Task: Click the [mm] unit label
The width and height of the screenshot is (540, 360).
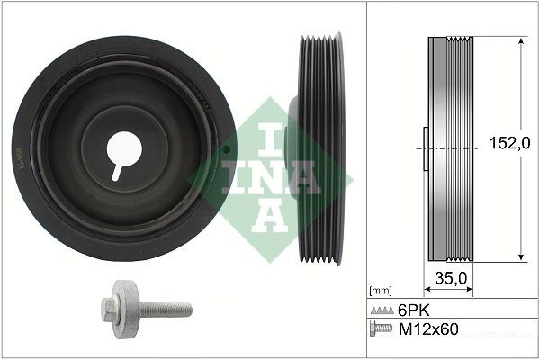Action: click(x=380, y=291)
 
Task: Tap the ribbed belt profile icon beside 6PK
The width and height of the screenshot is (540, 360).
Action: click(x=382, y=309)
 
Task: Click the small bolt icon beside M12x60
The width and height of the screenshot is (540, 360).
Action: click(x=382, y=328)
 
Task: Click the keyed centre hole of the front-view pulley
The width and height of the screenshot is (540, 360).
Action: click(x=123, y=148)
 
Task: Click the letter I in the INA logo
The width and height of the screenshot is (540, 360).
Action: click(x=264, y=135)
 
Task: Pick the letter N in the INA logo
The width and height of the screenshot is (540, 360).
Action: click(x=264, y=175)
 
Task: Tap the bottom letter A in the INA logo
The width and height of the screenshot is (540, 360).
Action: click(x=264, y=213)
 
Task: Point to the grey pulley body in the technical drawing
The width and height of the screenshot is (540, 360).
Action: click(x=445, y=148)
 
